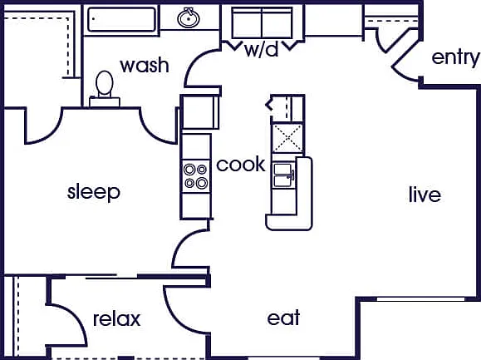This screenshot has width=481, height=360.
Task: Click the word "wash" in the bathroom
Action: [145, 66]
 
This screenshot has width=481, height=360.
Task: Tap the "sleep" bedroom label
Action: [94, 192]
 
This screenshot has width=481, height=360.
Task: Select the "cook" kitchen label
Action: [241, 164]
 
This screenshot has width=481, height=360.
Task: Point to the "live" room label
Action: [425, 194]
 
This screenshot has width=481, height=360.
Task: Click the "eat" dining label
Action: [283, 318]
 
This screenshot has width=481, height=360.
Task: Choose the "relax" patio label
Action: [117, 319]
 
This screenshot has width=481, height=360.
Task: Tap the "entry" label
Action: [455, 58]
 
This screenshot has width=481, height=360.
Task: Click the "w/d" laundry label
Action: [262, 49]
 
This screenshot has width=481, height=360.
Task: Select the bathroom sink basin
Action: [189, 18]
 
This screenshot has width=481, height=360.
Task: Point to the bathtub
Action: [121, 20]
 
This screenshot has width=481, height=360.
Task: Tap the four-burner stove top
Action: [196, 176]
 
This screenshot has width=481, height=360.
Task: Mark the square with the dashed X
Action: [287, 138]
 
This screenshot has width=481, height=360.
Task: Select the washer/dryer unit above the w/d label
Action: [263, 23]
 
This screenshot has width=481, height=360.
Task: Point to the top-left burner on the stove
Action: [189, 170]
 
